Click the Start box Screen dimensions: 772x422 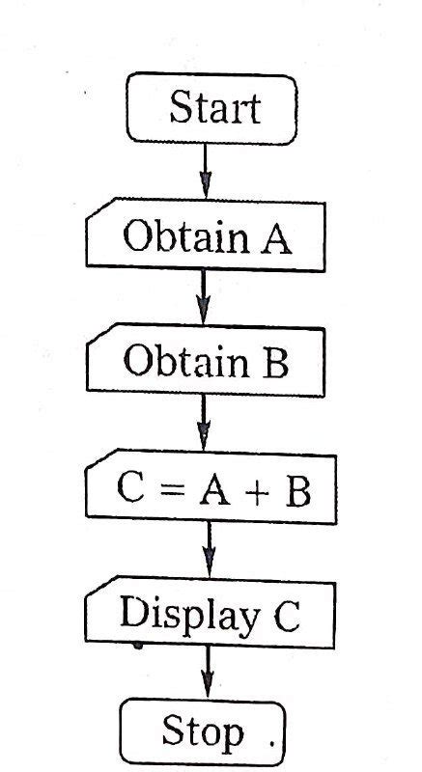tap(211, 107)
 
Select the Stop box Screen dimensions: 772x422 tap(203, 732)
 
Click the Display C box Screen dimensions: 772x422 tap(210, 614)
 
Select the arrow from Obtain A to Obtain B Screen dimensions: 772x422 tap(203, 298)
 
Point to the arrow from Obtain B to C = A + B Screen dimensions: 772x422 tap(204, 425)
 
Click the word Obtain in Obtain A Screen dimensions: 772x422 tap(175, 235)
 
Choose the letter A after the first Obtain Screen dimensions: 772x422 tap(272, 236)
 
